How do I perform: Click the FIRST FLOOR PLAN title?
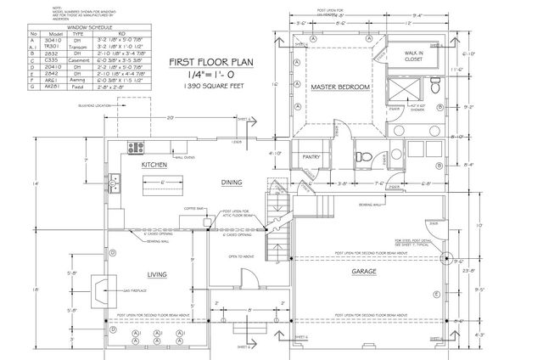(212, 62)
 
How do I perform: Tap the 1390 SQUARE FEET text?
(212, 87)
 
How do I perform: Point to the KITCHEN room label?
(153, 166)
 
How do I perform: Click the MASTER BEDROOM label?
(339, 87)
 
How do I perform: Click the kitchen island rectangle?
(154, 181)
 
